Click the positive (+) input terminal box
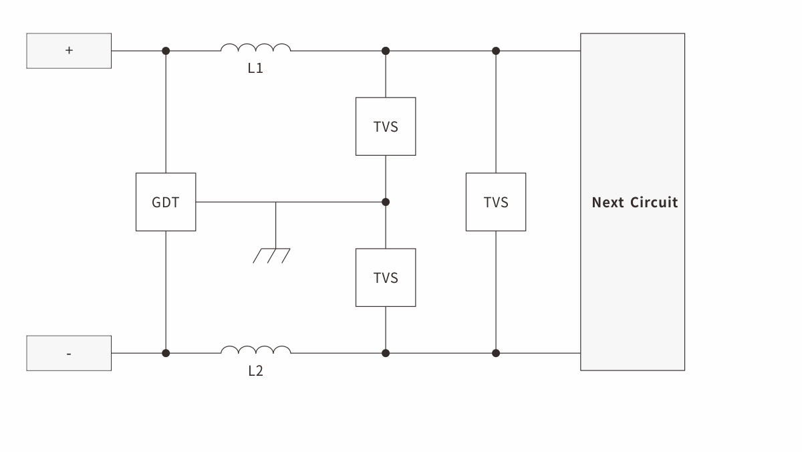(x=69, y=51)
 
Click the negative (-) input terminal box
(x=69, y=353)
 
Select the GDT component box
(x=166, y=202)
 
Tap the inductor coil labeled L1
(x=255, y=48)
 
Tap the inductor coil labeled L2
(x=255, y=350)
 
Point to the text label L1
(x=255, y=68)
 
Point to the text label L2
(x=255, y=370)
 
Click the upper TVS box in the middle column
(x=386, y=126)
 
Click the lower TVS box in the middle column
(x=386, y=277)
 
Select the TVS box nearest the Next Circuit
(x=496, y=202)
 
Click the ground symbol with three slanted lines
(x=271, y=255)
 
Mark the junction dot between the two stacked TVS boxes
(x=386, y=202)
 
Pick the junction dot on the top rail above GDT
(x=166, y=51)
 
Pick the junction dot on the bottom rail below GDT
(x=166, y=353)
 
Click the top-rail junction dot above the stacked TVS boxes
(x=386, y=51)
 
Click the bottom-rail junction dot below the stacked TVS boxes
(x=386, y=353)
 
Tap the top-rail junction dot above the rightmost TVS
(x=496, y=51)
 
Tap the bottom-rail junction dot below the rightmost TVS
(x=496, y=353)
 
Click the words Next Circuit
(x=634, y=202)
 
